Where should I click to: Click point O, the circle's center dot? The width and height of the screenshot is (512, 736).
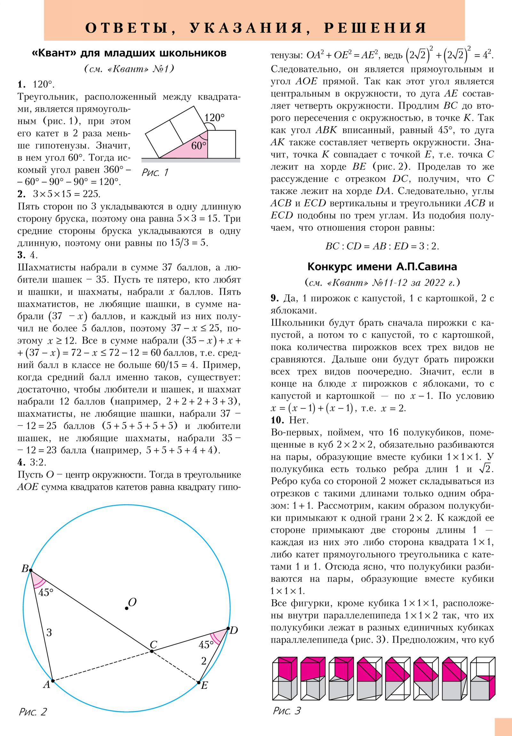click(x=127, y=608)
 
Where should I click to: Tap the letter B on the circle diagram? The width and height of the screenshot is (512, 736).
click(x=25, y=568)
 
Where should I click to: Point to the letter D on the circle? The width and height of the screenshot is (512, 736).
click(x=234, y=630)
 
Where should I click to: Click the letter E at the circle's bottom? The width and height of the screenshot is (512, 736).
click(x=204, y=685)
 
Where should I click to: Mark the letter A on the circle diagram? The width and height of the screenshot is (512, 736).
click(x=47, y=684)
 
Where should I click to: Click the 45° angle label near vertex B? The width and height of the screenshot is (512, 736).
click(x=45, y=592)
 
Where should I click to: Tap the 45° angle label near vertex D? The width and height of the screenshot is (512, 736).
click(x=206, y=645)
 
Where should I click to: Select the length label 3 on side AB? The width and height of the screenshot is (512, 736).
click(x=49, y=632)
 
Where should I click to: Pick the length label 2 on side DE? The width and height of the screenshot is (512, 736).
click(x=204, y=661)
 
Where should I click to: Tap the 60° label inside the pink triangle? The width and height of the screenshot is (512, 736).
click(x=199, y=146)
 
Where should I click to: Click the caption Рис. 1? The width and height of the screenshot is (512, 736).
click(x=155, y=172)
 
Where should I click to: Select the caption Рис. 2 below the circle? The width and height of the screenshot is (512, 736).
click(x=33, y=712)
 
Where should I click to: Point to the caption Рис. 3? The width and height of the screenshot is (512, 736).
click(x=287, y=711)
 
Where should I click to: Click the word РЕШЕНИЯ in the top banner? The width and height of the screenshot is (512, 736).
click(x=375, y=28)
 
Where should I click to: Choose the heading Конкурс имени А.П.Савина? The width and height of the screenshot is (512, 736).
click(x=382, y=267)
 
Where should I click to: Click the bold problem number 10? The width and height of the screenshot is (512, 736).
click(x=277, y=420)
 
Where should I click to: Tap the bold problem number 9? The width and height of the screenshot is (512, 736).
click(x=275, y=299)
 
